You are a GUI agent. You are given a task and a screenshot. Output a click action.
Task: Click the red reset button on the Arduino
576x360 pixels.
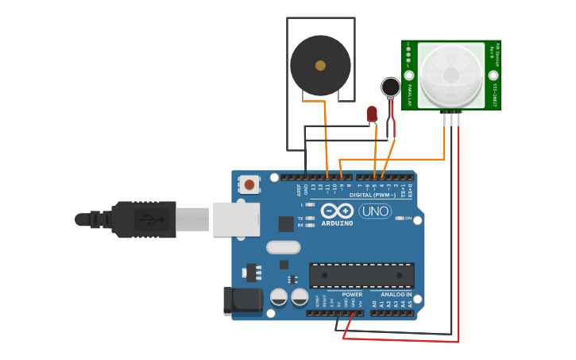pyautogui.click(x=249, y=185)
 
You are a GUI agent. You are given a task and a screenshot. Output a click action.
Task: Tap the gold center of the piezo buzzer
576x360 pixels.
pyautogui.click(x=320, y=66)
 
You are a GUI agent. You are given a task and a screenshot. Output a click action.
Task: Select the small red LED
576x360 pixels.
pyautogui.click(x=372, y=114)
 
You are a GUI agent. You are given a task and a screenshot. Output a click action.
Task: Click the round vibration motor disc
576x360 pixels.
pyautogui.click(x=390, y=87)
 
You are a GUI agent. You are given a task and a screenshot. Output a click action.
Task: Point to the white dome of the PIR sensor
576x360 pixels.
pyautogui.click(x=451, y=75)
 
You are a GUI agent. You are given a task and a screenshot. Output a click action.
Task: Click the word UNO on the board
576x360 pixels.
pyautogui.click(x=375, y=211)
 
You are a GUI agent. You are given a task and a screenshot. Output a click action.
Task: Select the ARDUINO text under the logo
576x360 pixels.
pyautogui.click(x=337, y=223)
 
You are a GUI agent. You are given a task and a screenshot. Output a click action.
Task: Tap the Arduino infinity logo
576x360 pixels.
pyautogui.click(x=337, y=211)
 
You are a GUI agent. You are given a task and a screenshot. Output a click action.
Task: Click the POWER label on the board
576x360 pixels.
pyautogui.click(x=352, y=295)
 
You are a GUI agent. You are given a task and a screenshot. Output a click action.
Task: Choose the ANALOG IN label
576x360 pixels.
pyautogui.click(x=391, y=295)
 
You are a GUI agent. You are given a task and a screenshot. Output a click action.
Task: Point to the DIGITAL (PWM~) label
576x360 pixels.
pyautogui.click(x=373, y=195)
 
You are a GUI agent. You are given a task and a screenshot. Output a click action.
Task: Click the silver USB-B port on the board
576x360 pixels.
pyautogui.click(x=236, y=219)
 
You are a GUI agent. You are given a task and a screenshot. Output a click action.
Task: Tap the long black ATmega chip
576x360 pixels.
pyautogui.click(x=361, y=275)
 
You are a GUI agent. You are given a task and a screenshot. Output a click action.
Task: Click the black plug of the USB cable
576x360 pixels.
pyautogui.click(x=143, y=219)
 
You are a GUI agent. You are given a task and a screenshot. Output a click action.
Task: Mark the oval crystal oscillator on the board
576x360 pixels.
pyautogui.click(x=283, y=247)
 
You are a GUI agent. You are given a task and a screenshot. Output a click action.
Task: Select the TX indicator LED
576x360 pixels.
pyautogui.click(x=310, y=218)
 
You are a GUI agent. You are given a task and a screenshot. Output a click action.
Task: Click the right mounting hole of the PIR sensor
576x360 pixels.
pyautogui.click(x=493, y=75)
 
